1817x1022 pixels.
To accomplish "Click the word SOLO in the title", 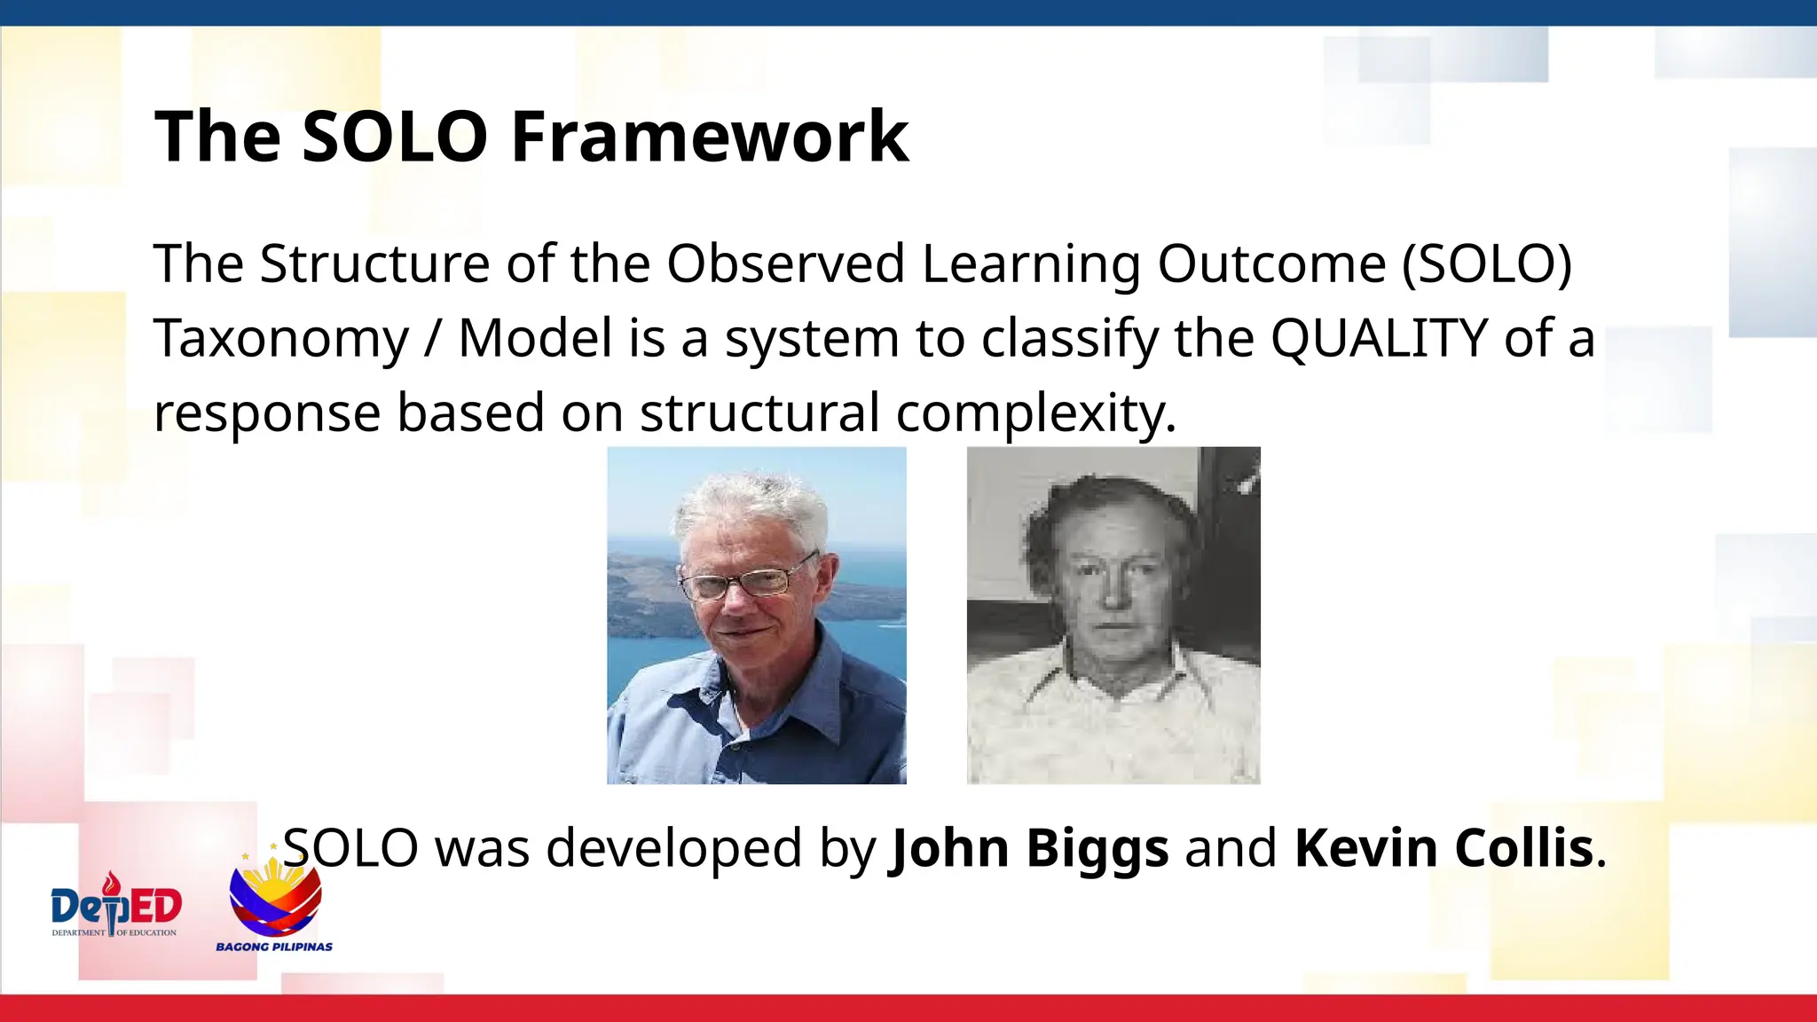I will click(394, 137).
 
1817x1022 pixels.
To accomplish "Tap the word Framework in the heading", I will click(710, 137).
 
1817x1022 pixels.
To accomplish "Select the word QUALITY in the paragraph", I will click(1379, 338).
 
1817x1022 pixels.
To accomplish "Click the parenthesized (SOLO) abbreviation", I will click(1486, 263).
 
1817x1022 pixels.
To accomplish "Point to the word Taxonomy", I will click(281, 340).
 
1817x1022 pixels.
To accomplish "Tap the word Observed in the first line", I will click(785, 263).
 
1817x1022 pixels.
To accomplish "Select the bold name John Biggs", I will click(1029, 848).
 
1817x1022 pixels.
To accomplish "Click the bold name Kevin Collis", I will click(1444, 848).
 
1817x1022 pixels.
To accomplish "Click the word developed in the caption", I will click(674, 848).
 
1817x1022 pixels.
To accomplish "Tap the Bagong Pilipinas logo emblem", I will click(275, 896).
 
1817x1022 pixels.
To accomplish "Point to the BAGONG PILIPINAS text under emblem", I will click(274, 947).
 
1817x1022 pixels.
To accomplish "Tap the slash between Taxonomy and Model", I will click(432, 340).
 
